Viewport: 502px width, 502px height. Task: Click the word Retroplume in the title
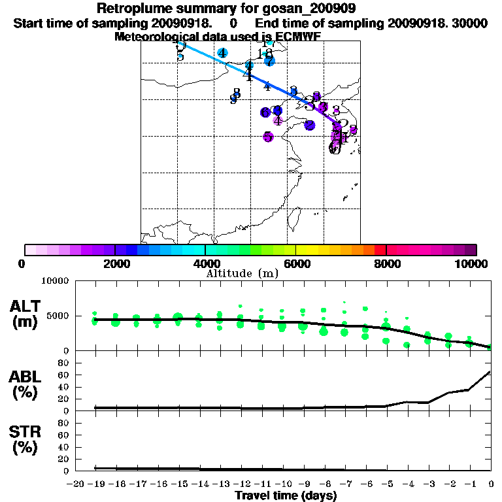(x=129, y=8)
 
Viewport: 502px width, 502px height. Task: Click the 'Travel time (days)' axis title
(x=286, y=496)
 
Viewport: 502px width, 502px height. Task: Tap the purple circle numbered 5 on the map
(x=268, y=137)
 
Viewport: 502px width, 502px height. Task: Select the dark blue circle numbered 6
(x=265, y=112)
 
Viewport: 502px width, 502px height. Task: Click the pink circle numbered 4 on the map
(x=278, y=120)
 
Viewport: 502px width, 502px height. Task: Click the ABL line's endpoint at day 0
(x=490, y=372)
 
